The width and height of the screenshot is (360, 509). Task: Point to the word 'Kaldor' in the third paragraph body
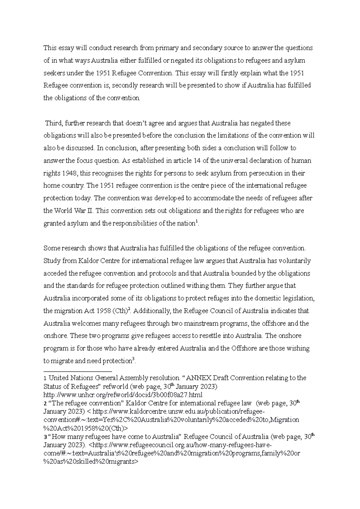(x=88, y=261)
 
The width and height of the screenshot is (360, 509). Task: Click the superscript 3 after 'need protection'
(x=133, y=360)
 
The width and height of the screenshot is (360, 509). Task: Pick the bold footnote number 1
(x=45, y=378)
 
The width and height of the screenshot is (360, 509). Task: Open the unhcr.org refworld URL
(x=123, y=394)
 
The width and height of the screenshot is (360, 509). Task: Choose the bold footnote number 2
(x=45, y=403)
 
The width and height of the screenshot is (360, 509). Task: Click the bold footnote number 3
(x=45, y=437)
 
